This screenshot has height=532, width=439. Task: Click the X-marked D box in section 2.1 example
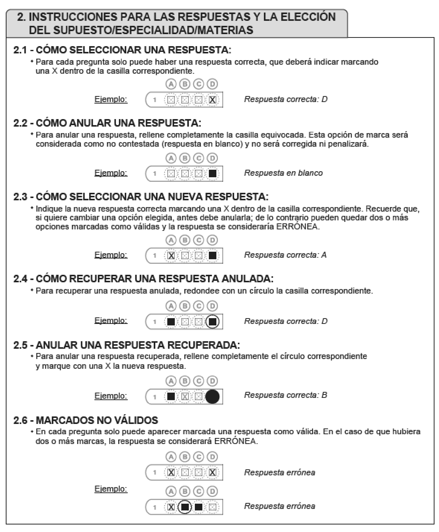[x=212, y=100]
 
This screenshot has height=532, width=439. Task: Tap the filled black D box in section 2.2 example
[x=212, y=174]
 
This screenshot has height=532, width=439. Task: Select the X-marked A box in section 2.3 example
[x=171, y=256]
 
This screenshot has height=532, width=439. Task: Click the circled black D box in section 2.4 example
[x=212, y=322]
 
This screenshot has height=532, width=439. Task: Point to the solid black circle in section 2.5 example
[x=212, y=397]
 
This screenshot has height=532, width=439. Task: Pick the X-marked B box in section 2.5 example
[x=185, y=397]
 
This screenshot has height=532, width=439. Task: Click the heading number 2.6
[x=20, y=420]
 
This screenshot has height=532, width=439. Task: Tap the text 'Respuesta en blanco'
[x=283, y=173]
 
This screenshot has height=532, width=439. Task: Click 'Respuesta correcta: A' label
[x=285, y=255]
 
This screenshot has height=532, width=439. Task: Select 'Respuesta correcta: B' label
[x=285, y=395]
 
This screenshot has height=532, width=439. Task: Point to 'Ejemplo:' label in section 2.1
[x=111, y=99]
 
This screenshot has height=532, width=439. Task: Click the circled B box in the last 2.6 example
[x=185, y=507]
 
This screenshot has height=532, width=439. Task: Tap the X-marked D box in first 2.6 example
[x=212, y=473]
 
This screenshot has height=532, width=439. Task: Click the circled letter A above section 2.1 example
[x=171, y=84]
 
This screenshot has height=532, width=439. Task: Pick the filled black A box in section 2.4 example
[x=171, y=322]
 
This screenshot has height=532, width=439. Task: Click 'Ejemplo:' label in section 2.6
[x=111, y=489]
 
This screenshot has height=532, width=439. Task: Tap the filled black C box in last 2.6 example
[x=199, y=507]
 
